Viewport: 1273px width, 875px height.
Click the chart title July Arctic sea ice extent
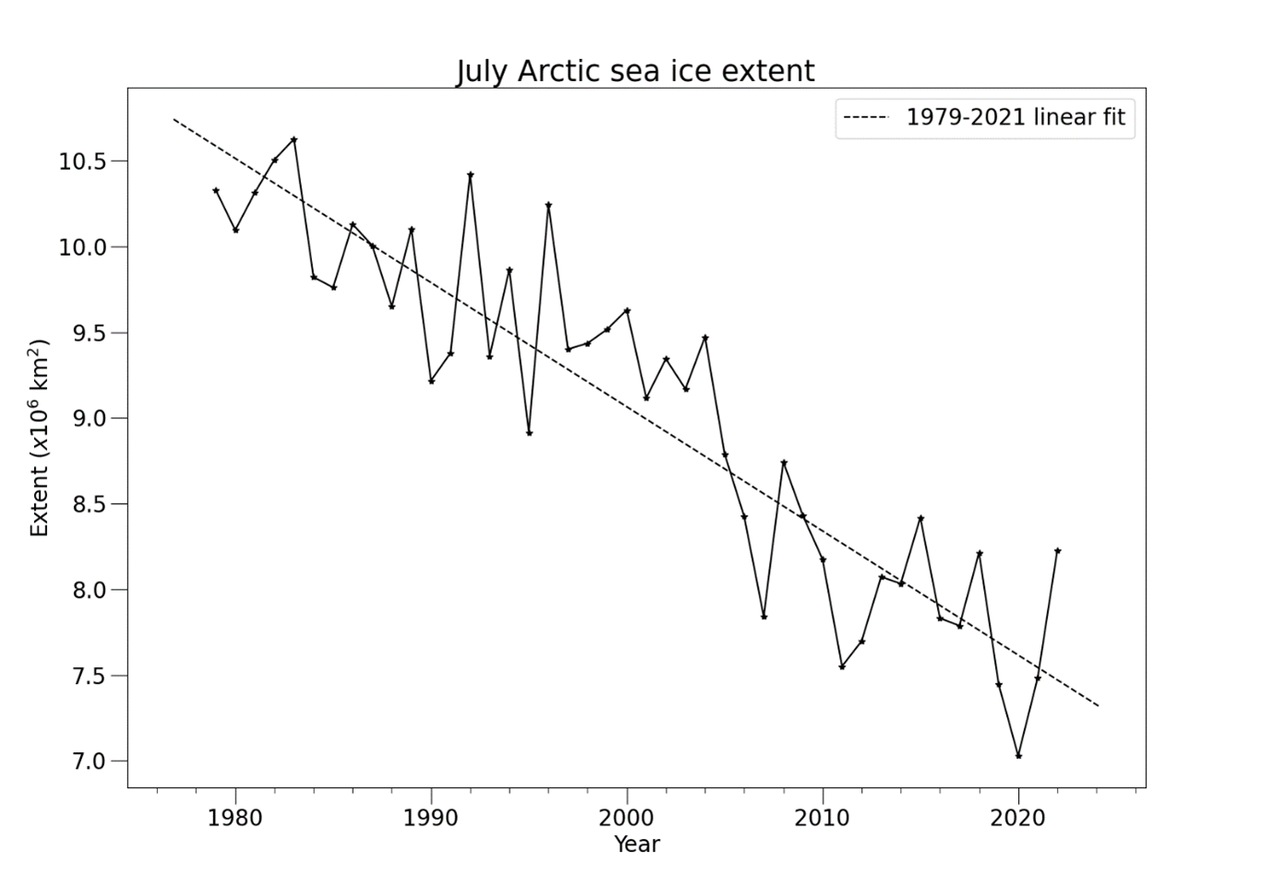point(635,71)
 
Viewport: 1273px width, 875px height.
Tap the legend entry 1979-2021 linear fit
point(1015,117)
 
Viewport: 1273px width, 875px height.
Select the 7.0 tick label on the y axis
point(90,761)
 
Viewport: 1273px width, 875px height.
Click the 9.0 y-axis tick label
point(90,419)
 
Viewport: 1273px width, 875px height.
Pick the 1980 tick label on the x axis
point(235,817)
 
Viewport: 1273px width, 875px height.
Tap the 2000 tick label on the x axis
point(627,817)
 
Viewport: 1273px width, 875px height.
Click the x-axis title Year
point(637,844)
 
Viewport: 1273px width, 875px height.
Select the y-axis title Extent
point(39,438)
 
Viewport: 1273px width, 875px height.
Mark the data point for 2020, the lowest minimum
point(1018,756)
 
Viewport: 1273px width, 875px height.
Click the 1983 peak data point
point(294,139)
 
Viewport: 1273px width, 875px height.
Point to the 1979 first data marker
point(216,190)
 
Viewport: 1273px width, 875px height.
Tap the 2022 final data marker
point(1057,551)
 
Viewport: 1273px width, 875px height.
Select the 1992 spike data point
point(470,174)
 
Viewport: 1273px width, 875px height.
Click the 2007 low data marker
point(763,617)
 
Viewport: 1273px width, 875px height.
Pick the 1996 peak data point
point(548,205)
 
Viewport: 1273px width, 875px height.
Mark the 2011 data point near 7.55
point(842,666)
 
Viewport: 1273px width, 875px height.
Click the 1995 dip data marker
point(529,433)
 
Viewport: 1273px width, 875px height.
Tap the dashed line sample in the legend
point(866,117)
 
